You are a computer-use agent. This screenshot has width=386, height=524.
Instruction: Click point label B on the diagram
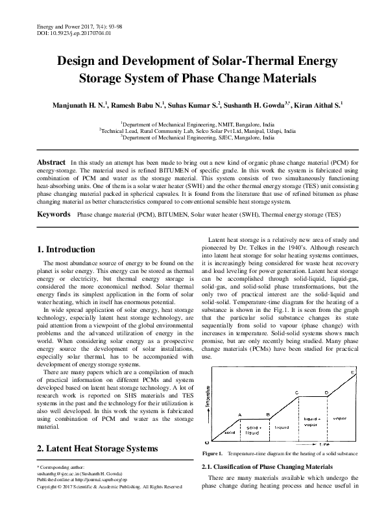[x=268, y=414]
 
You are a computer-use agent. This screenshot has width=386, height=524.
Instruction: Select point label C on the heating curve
[x=296, y=393]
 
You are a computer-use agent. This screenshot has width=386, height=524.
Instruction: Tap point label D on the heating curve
[x=326, y=393]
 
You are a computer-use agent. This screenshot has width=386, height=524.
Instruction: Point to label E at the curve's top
[x=352, y=372]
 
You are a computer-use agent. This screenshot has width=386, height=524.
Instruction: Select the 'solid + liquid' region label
[x=254, y=430]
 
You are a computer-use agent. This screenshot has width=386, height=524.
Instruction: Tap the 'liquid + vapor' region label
[x=311, y=422]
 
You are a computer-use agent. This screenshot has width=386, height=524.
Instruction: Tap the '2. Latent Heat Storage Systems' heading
[x=97, y=449]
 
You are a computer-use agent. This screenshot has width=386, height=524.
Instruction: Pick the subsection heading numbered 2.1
[x=268, y=467]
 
